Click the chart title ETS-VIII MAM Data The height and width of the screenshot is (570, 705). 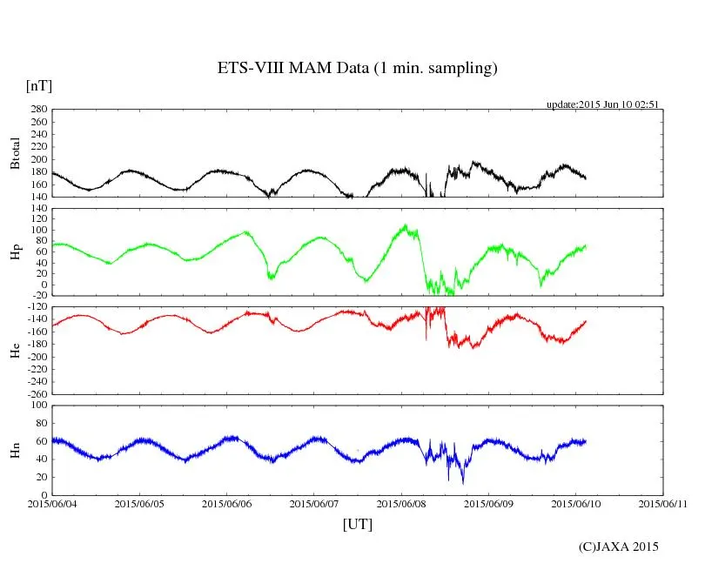click(357, 69)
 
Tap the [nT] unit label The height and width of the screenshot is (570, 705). click(38, 86)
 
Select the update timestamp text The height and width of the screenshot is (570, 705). click(602, 104)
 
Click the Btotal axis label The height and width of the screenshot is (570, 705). click(15, 153)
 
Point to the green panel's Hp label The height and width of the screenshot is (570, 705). click(15, 251)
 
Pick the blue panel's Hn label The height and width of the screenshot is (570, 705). click(15, 450)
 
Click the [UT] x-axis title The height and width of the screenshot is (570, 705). click(357, 524)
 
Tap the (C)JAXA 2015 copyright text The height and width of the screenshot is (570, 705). click(619, 547)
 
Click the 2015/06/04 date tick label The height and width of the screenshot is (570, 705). click(52, 503)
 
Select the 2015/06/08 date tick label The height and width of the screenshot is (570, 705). click(401, 503)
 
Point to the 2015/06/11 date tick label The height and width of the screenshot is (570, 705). click(662, 503)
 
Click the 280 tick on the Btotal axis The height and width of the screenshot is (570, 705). click(37, 110)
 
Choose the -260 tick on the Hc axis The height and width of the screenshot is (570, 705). click(34, 393)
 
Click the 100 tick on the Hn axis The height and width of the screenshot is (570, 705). click(37, 405)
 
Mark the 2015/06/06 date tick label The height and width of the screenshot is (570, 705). click(226, 503)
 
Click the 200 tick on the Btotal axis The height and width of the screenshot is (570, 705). click(37, 159)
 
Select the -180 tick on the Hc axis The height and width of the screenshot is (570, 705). click(34, 345)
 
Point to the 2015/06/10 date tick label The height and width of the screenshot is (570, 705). click(575, 503)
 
